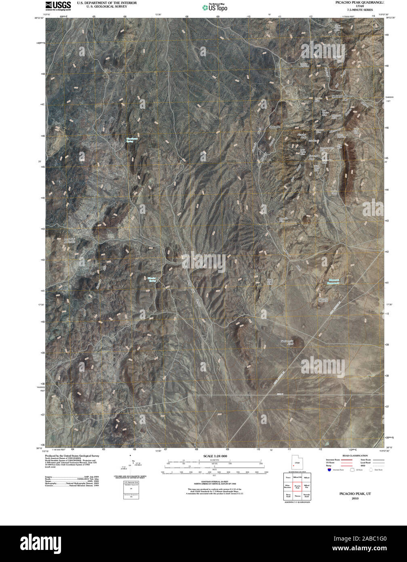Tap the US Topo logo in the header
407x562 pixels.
point(215,7)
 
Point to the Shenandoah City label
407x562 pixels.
point(340,97)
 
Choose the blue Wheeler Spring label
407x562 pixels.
point(152,279)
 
